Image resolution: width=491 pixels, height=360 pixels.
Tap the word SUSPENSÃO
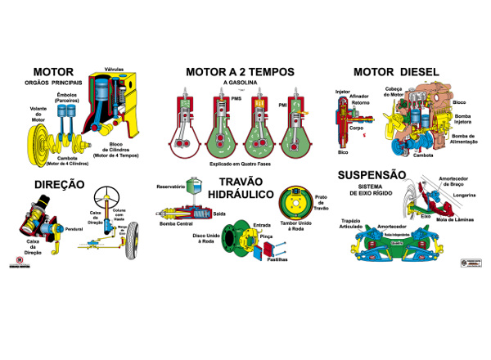(x=372, y=174)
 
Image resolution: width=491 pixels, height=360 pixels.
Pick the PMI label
(x=282, y=105)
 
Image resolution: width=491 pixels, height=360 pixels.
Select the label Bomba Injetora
(x=462, y=119)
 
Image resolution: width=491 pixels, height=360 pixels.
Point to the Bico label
(x=342, y=152)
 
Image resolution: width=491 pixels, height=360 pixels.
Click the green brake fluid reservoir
(x=197, y=196)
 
